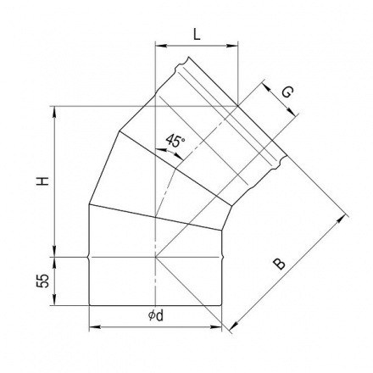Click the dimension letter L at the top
tap(197, 35)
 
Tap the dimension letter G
tap(287, 92)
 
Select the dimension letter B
tap(280, 264)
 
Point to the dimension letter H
tap(42, 181)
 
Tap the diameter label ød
tap(156, 316)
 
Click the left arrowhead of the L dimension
tap(160, 45)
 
